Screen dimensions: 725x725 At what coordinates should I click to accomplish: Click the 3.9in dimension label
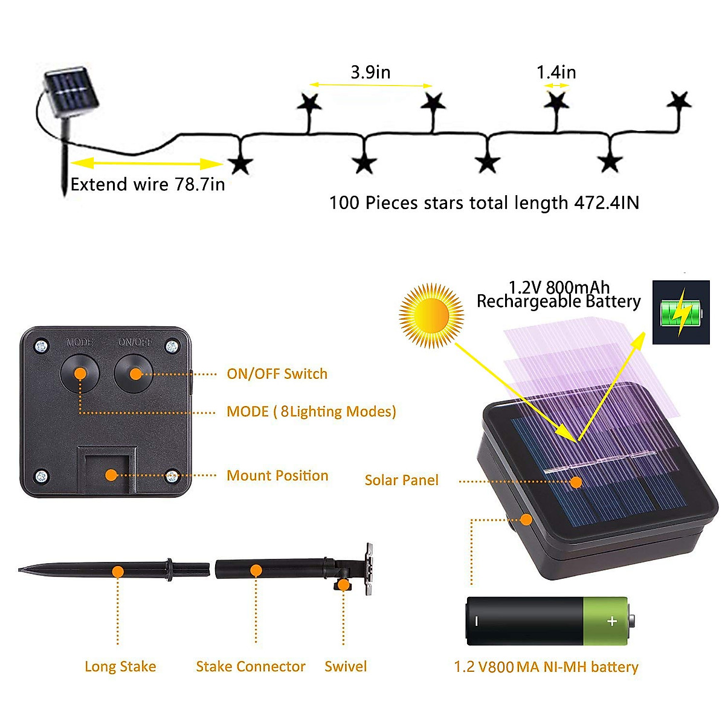point(370,72)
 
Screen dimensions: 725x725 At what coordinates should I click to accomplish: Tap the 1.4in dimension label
point(556,72)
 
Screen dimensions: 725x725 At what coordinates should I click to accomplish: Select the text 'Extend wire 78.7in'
point(147,184)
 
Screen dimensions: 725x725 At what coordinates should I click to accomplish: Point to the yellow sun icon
point(431,315)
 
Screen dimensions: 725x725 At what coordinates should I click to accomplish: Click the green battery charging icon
point(681,312)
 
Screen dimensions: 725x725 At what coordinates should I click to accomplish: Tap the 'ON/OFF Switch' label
point(277,374)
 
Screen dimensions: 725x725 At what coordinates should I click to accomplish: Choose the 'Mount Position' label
point(277,475)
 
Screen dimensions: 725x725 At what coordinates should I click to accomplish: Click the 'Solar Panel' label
point(401,480)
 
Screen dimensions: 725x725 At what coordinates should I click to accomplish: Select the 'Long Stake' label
point(120,666)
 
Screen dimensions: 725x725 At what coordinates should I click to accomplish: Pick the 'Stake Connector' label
point(251,666)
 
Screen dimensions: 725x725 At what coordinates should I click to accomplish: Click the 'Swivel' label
point(346,666)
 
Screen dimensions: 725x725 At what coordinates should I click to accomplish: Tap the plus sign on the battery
point(612,621)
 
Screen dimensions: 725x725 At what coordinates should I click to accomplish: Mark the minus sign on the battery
point(477,621)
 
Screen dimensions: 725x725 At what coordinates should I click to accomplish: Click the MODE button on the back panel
point(80,373)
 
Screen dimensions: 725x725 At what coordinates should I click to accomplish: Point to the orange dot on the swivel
point(343,585)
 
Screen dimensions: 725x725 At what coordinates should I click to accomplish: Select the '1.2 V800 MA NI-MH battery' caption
point(546,667)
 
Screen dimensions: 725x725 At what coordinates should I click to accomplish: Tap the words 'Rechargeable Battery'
point(558,301)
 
